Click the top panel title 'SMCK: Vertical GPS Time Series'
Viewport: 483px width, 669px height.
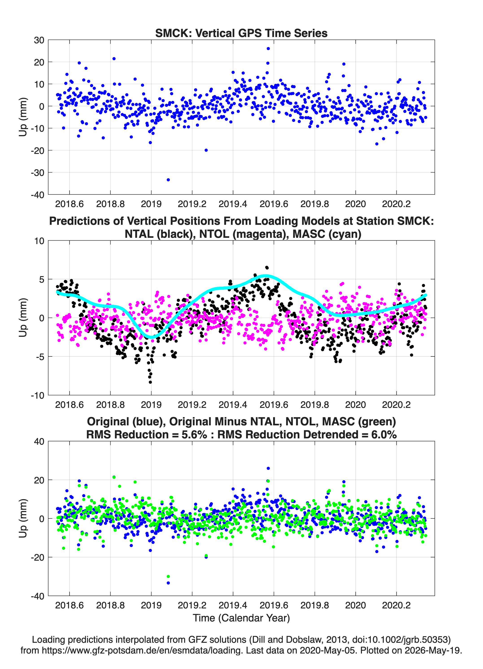[x=241, y=33]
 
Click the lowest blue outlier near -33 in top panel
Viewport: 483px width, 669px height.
[x=168, y=180]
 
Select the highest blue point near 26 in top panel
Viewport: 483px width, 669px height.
[x=268, y=48]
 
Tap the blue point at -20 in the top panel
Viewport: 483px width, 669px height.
[x=206, y=150]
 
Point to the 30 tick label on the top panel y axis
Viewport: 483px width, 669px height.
[x=39, y=40]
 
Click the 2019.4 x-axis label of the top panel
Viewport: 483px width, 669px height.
[x=233, y=204]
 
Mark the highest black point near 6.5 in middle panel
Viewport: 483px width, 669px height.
[x=267, y=267]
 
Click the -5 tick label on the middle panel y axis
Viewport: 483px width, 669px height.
[x=38, y=357]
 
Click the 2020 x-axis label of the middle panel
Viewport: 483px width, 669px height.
[x=355, y=404]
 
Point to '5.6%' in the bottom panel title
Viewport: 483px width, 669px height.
[x=194, y=435]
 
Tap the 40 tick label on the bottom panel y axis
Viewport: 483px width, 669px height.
[x=39, y=442]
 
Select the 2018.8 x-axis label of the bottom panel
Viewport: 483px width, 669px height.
[x=110, y=605]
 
